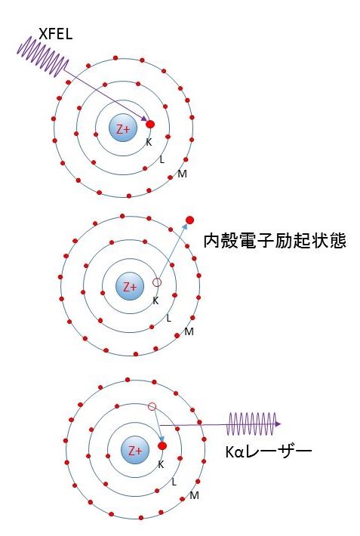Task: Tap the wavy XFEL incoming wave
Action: coord(42,58)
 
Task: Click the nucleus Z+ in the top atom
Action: coord(122,128)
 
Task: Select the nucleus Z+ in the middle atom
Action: coord(131,287)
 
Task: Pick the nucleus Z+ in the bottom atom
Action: coord(135,451)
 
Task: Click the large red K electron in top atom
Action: coord(150,124)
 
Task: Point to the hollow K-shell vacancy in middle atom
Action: coord(157,282)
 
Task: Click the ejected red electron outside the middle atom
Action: coord(189,220)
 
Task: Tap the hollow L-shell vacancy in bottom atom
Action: coord(152,407)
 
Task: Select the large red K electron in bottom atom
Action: coord(162,446)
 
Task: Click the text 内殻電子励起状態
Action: coord(275,242)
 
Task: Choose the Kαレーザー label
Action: coord(268,451)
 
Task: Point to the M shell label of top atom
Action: coord(182,175)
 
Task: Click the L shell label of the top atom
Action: coord(162,159)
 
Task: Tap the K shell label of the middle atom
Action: coord(155,300)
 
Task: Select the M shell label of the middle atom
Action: coord(189,332)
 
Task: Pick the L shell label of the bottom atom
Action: coord(174,481)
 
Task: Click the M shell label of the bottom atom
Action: coord(195,495)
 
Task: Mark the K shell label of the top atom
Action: coord(149,142)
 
